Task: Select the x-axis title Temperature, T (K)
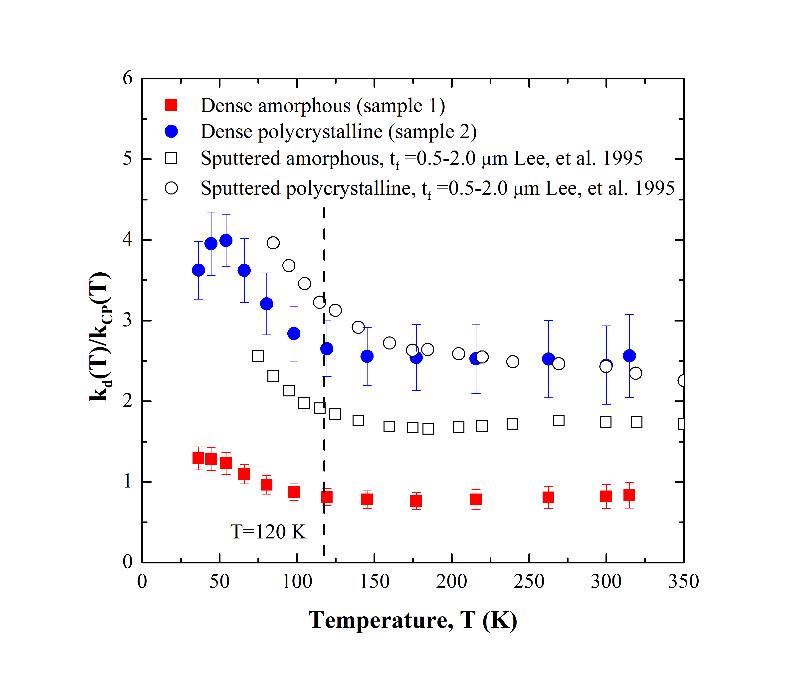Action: pyautogui.click(x=413, y=620)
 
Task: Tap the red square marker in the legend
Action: pyautogui.click(x=171, y=105)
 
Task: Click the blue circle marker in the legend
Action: pyautogui.click(x=171, y=132)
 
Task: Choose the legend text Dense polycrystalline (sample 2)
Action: pyautogui.click(x=339, y=132)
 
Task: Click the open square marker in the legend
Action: pyautogui.click(x=171, y=158)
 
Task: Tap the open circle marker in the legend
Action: pyautogui.click(x=171, y=188)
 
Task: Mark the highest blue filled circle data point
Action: pyautogui.click(x=226, y=240)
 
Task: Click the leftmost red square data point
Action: pyautogui.click(x=198, y=458)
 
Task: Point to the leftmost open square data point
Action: pyautogui.click(x=258, y=356)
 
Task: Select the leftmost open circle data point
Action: pyautogui.click(x=273, y=243)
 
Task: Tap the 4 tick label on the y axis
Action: pyautogui.click(x=127, y=240)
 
